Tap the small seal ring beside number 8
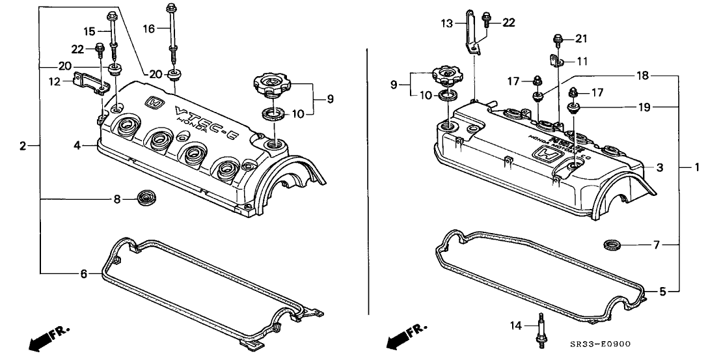pos(144,197)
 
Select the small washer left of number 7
pos(612,245)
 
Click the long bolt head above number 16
pos(171,8)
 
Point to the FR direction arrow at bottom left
pos(46,339)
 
